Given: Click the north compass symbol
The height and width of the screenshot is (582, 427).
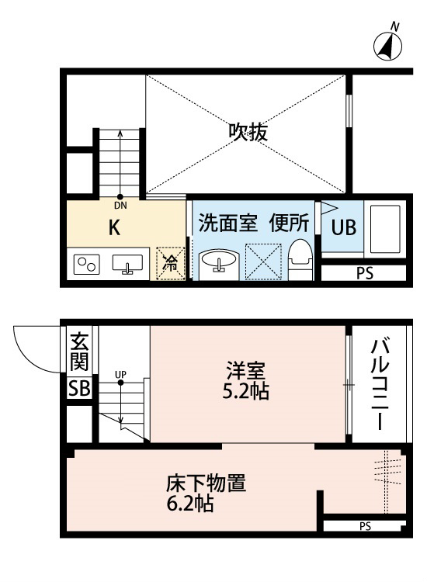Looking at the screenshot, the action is click(387, 45).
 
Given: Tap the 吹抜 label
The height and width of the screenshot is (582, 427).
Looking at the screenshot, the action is click(248, 132).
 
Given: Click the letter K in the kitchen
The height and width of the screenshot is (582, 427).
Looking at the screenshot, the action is click(114, 227).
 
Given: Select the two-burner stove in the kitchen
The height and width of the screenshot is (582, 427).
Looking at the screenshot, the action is click(86, 265).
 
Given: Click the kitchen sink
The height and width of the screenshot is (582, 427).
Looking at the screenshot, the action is click(127, 264).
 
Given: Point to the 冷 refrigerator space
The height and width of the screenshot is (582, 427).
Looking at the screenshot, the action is click(171, 263).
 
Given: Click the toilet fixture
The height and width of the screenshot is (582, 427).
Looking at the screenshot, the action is click(300, 259).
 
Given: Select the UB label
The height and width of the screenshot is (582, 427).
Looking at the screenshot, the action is click(343, 227).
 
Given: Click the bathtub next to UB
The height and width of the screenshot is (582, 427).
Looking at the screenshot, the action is click(385, 228).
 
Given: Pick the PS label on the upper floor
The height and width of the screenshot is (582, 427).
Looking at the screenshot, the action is click(365, 273).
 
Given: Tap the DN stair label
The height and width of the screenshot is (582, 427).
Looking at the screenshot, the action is click(120, 206).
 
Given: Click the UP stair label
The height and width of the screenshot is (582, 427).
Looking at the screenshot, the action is click(120, 374).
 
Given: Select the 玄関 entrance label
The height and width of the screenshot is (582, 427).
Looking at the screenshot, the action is click(79, 352).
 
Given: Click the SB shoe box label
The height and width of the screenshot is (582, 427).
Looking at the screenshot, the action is click(79, 388).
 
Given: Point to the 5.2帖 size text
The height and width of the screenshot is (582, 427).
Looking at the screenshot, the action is click(245, 391).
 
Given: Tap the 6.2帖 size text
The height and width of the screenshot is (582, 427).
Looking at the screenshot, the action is click(189, 504).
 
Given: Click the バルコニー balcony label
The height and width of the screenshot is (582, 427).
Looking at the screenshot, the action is click(380, 384).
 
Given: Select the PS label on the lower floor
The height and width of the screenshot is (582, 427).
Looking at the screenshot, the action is click(365, 526).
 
